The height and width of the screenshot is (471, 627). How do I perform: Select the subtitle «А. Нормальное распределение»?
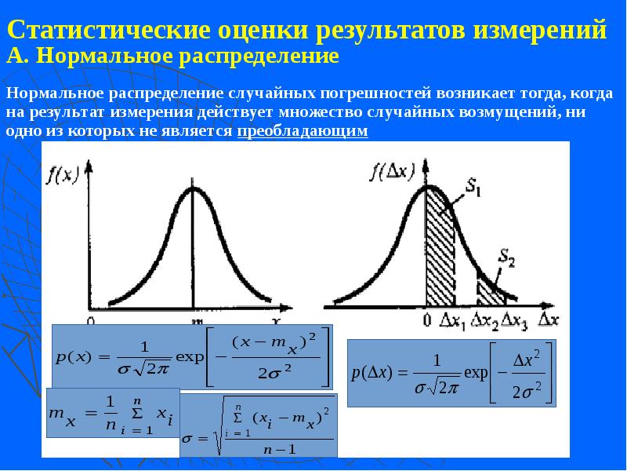click(x=172, y=57)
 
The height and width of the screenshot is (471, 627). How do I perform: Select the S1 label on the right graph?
click(x=473, y=188)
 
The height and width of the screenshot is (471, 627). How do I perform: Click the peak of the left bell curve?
click(x=193, y=188)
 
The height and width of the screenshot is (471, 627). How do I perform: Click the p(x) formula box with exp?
click(x=191, y=355)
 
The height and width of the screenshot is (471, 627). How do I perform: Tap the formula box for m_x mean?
click(x=113, y=411)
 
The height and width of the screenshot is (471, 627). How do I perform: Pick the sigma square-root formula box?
click(x=259, y=426)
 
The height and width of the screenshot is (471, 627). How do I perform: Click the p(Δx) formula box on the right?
click(x=451, y=373)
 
